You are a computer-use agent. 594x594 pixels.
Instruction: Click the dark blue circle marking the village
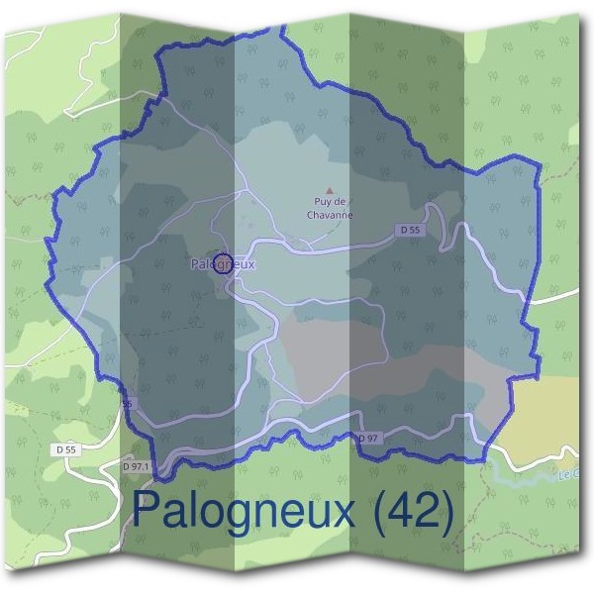click(224, 262)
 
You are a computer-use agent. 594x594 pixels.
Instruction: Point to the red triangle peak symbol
click(331, 191)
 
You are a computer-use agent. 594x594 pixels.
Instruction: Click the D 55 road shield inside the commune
click(411, 230)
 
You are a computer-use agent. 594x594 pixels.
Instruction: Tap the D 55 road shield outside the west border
click(66, 448)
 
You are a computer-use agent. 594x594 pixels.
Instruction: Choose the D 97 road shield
click(367, 438)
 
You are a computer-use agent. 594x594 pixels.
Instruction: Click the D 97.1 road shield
click(136, 466)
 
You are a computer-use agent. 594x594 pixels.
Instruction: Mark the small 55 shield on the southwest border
click(126, 405)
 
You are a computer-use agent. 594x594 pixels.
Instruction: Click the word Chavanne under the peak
click(331, 215)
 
